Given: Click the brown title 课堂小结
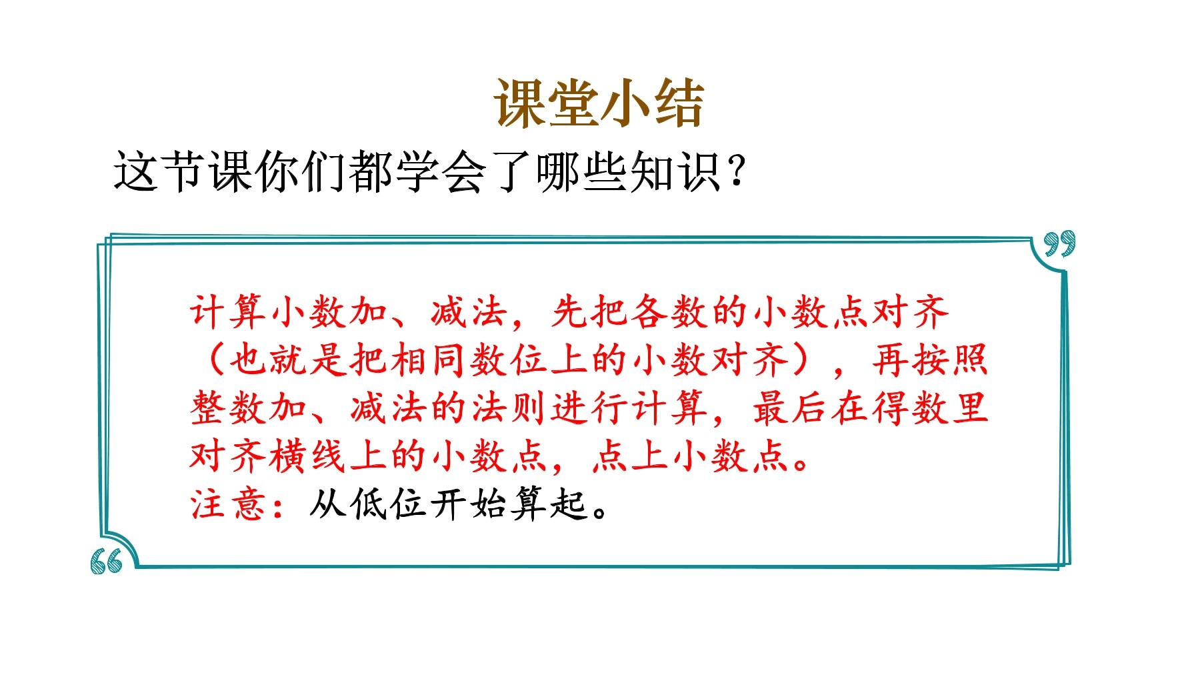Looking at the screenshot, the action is (x=599, y=103).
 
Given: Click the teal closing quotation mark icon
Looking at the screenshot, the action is (x=1059, y=243).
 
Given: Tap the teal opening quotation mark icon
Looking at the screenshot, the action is (x=107, y=562).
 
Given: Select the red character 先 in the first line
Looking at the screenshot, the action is (x=570, y=312).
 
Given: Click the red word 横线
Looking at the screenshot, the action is (x=309, y=456).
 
